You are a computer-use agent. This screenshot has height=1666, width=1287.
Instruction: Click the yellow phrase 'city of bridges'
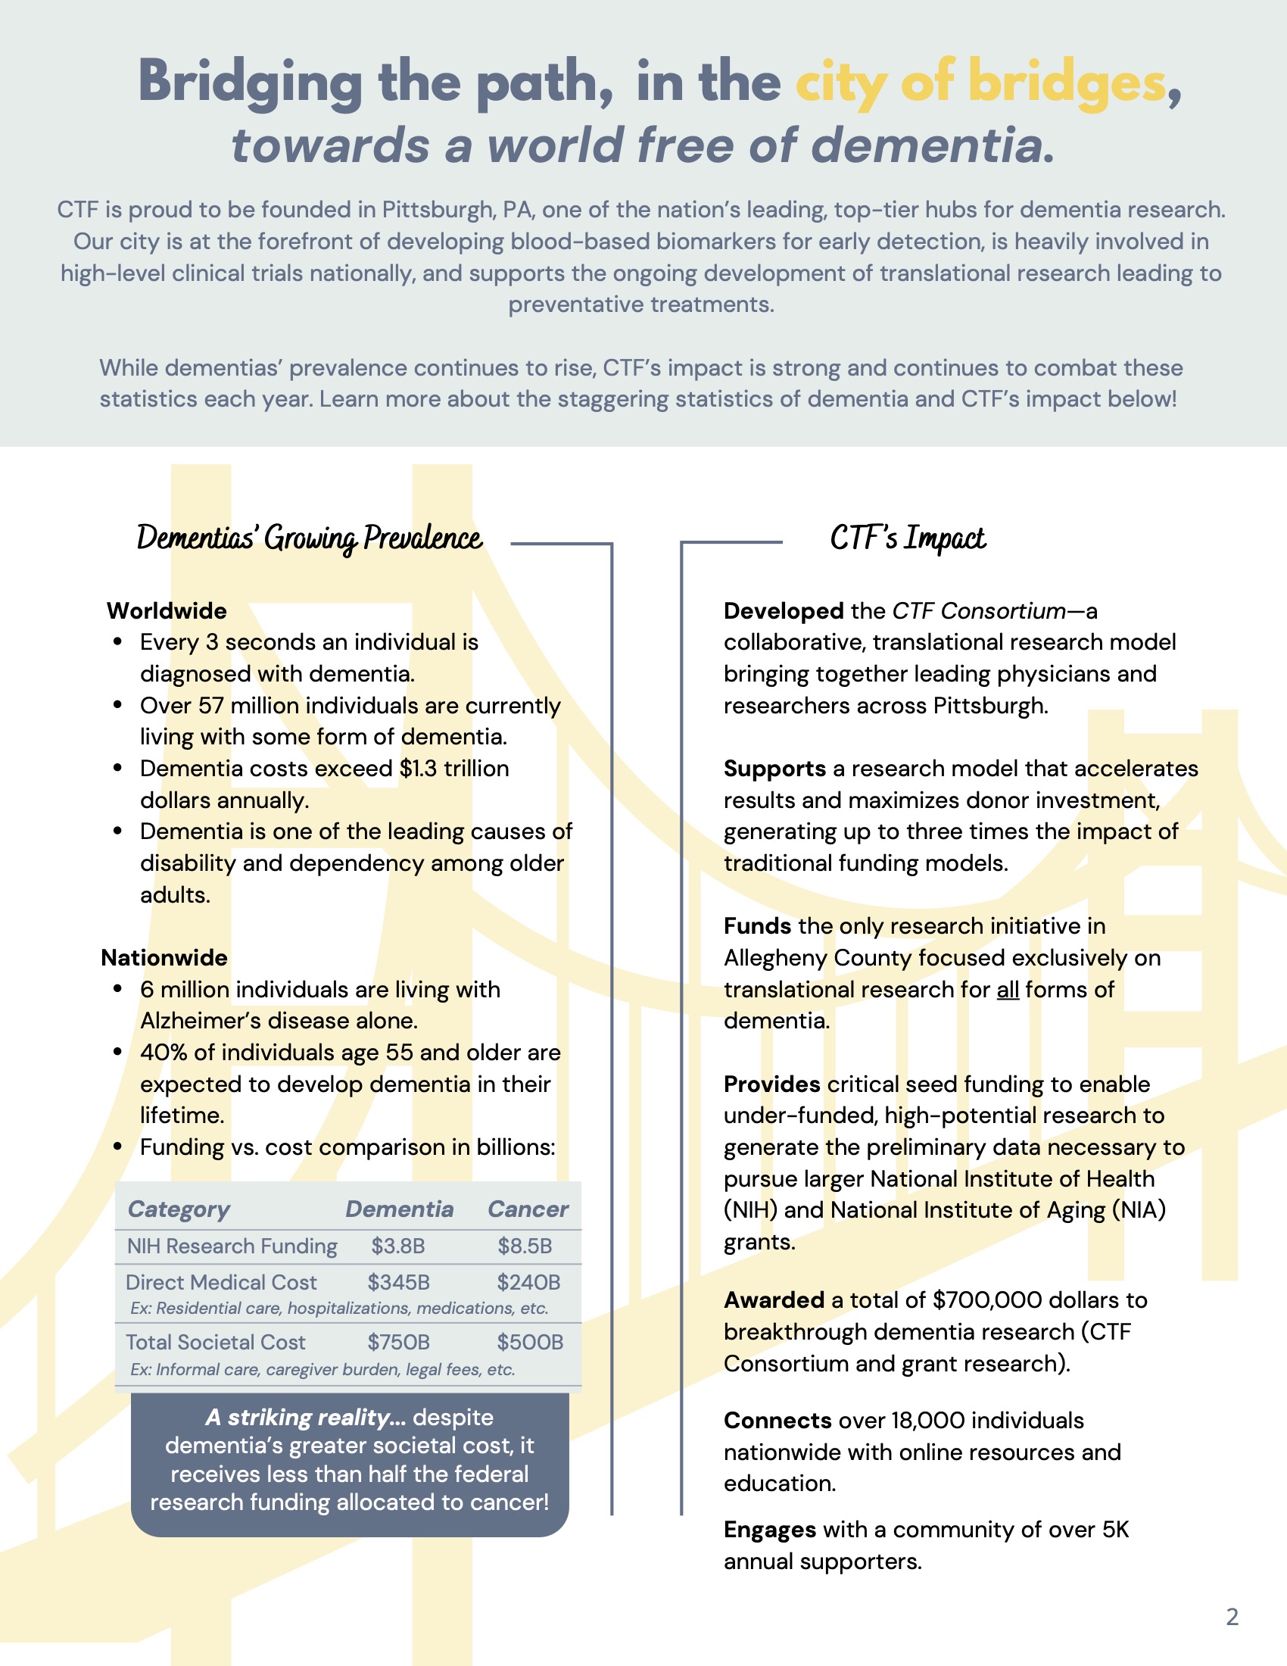(980, 83)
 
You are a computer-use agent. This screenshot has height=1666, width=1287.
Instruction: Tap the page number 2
(1232, 1617)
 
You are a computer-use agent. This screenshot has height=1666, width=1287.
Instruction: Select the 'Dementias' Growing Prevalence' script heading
(310, 538)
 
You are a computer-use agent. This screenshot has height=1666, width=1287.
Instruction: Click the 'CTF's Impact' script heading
(907, 538)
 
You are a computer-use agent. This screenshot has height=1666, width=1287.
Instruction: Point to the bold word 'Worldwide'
(167, 611)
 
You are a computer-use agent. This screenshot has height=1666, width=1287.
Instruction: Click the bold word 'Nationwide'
(165, 957)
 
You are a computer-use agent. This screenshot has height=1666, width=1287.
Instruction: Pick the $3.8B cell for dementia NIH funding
(398, 1246)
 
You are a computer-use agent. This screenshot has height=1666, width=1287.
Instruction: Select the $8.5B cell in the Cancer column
(525, 1246)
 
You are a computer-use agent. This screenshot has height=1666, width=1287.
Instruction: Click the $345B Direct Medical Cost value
(398, 1282)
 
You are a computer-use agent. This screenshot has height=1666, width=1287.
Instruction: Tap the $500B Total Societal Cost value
(530, 1342)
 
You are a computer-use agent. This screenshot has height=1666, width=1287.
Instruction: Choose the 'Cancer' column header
(528, 1209)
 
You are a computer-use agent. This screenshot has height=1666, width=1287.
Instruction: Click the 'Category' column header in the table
(179, 1209)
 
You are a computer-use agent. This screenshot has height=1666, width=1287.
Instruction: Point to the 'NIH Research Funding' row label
(232, 1246)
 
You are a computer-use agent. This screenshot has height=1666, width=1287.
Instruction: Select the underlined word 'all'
(1008, 991)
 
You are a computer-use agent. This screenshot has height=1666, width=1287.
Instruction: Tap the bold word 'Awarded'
(774, 1299)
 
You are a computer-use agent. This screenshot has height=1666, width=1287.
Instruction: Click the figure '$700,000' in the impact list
(989, 1299)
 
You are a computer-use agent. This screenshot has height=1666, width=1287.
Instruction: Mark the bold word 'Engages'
(770, 1530)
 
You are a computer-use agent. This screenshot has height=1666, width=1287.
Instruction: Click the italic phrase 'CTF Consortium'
(979, 611)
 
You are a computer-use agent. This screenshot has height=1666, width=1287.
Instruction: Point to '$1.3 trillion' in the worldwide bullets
(454, 768)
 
